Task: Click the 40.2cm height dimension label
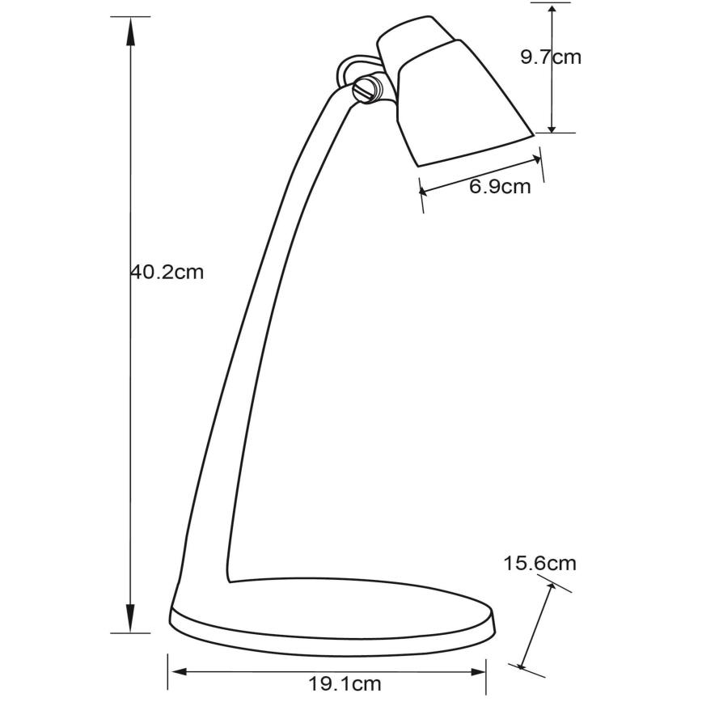[167, 273]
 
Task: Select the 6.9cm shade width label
[500, 187]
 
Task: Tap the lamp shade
[461, 105]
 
